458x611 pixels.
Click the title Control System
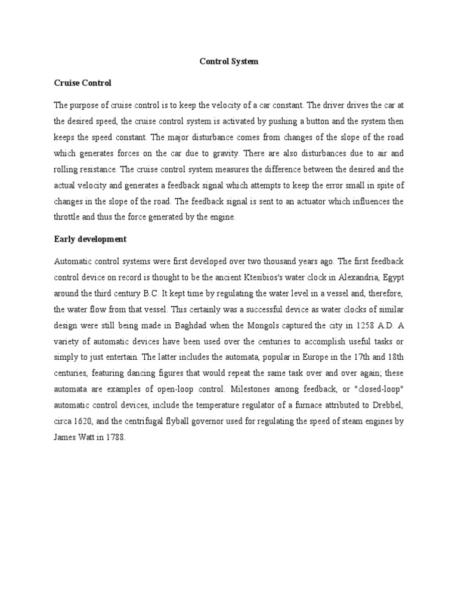228,61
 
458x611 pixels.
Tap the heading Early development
90,239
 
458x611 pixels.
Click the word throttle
67,217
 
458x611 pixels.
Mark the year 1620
85,421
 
